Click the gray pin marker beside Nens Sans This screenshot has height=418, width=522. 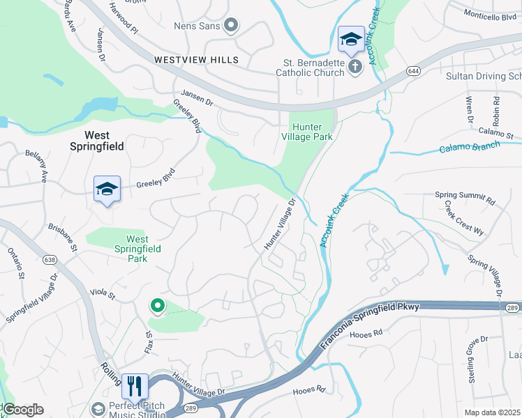231,26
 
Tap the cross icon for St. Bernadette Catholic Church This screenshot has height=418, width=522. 355,67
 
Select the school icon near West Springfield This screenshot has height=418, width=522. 107,189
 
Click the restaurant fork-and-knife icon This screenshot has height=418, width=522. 134,385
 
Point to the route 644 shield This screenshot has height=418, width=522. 414,70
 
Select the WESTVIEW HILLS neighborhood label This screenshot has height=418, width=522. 196,60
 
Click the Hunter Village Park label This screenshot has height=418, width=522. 311,131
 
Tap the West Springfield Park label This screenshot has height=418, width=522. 137,249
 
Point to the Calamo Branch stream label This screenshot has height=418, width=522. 469,147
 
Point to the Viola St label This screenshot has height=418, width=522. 103,292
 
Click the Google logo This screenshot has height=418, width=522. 22,410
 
